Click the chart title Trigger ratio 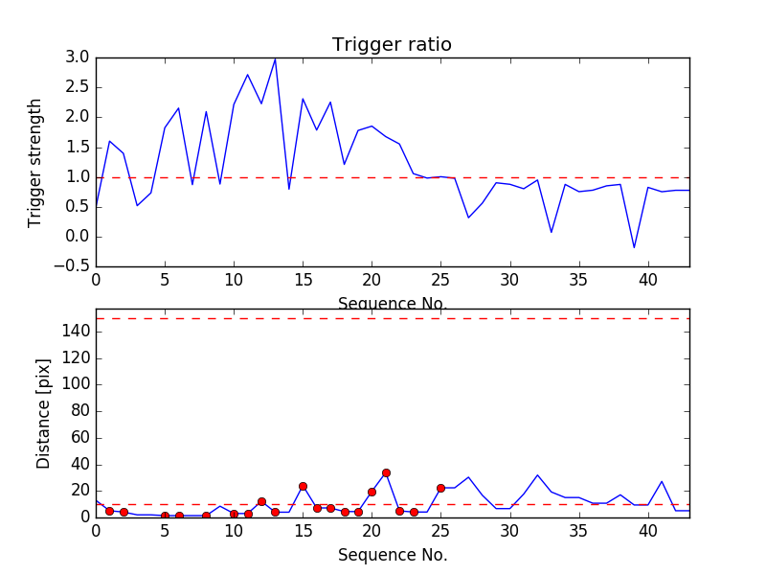[x=392, y=45]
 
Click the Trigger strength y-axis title [x=35, y=163]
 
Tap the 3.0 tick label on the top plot [x=78, y=57]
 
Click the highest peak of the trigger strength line [x=275, y=59]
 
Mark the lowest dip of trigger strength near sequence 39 [x=634, y=247]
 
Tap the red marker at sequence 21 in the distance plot [x=386, y=472]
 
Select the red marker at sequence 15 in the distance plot [x=303, y=486]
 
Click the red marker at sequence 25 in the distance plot [x=440, y=488]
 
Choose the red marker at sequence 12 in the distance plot [x=261, y=501]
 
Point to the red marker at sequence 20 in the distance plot [x=372, y=492]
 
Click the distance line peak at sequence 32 [x=537, y=475]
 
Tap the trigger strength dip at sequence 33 [x=552, y=232]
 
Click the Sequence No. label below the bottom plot [x=392, y=555]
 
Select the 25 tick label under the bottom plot [x=440, y=530]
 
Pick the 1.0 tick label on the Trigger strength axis [x=78, y=177]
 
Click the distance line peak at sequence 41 [x=662, y=481]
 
